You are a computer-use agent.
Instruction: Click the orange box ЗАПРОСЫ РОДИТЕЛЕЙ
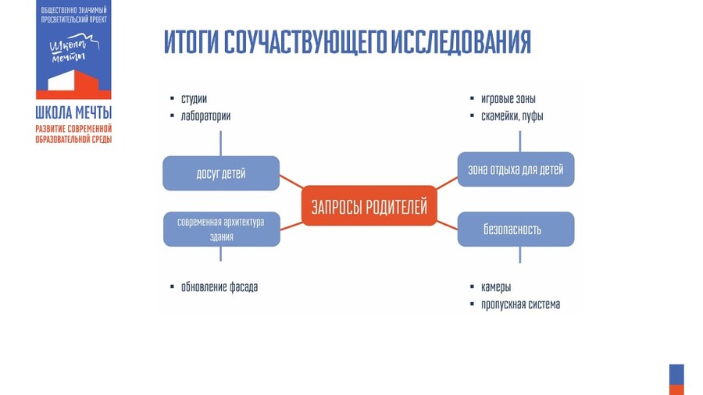click(369, 207)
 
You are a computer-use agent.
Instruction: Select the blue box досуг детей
click(221, 173)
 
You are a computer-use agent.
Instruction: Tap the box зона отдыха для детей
click(516, 169)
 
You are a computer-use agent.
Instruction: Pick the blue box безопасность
click(516, 230)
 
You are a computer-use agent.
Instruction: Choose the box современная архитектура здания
click(221, 229)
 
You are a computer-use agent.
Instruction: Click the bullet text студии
click(194, 99)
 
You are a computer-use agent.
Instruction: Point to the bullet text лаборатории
click(205, 116)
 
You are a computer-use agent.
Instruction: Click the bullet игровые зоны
click(508, 99)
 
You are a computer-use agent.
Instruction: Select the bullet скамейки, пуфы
click(512, 116)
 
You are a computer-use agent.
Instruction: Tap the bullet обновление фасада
click(219, 286)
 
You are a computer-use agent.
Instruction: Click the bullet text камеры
click(496, 287)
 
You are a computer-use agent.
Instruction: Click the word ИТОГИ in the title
click(191, 42)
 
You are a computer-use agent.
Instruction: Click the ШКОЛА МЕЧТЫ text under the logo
click(73, 112)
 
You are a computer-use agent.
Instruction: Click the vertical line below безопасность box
click(520, 255)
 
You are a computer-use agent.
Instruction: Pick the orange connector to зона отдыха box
click(447, 183)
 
